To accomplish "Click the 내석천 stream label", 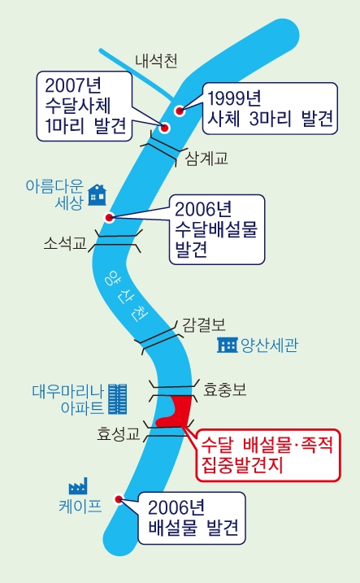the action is (156, 61).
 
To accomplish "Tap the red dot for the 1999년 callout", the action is (180, 111).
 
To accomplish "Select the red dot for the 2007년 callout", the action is (164, 128).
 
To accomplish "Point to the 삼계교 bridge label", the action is (206, 159).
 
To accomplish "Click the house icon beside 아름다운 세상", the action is (97, 195).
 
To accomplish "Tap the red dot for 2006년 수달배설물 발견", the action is (109, 218).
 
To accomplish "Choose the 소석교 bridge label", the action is (65, 243).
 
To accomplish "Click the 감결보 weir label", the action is (204, 325).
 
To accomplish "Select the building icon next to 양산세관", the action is (228, 345).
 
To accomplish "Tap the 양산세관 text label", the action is (269, 345).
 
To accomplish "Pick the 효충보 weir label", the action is (225, 389).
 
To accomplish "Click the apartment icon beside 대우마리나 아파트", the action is (117, 399).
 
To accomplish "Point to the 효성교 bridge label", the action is (118, 433).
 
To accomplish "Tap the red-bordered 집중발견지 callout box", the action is (268, 455).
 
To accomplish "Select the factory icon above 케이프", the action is (78, 486).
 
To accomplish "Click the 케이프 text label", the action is (80, 506).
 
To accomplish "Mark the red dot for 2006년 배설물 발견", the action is (119, 499).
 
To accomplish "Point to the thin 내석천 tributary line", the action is (137, 74).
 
